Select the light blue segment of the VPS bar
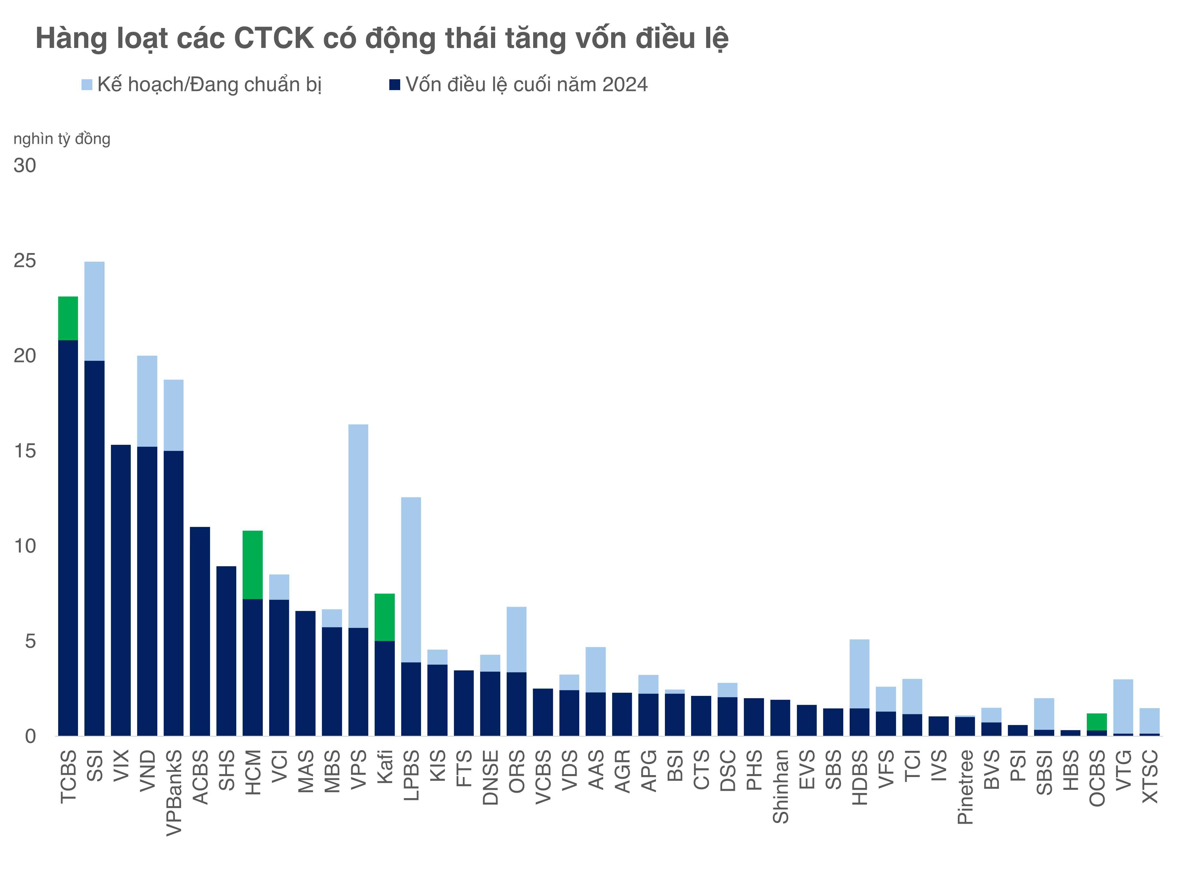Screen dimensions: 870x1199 click(358, 526)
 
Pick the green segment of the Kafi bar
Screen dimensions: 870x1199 click(384, 617)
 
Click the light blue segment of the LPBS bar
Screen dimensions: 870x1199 click(411, 579)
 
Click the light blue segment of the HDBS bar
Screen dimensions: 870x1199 click(859, 674)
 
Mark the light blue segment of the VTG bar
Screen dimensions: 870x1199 click(1123, 706)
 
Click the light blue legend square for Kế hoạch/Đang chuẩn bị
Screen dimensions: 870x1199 click(87, 85)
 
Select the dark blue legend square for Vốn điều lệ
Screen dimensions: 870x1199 click(394, 85)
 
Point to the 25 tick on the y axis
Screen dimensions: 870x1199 click(25, 261)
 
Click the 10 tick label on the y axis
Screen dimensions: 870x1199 click(25, 546)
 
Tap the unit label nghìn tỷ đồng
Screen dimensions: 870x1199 click(62, 139)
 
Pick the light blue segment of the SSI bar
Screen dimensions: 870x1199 click(94, 311)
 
